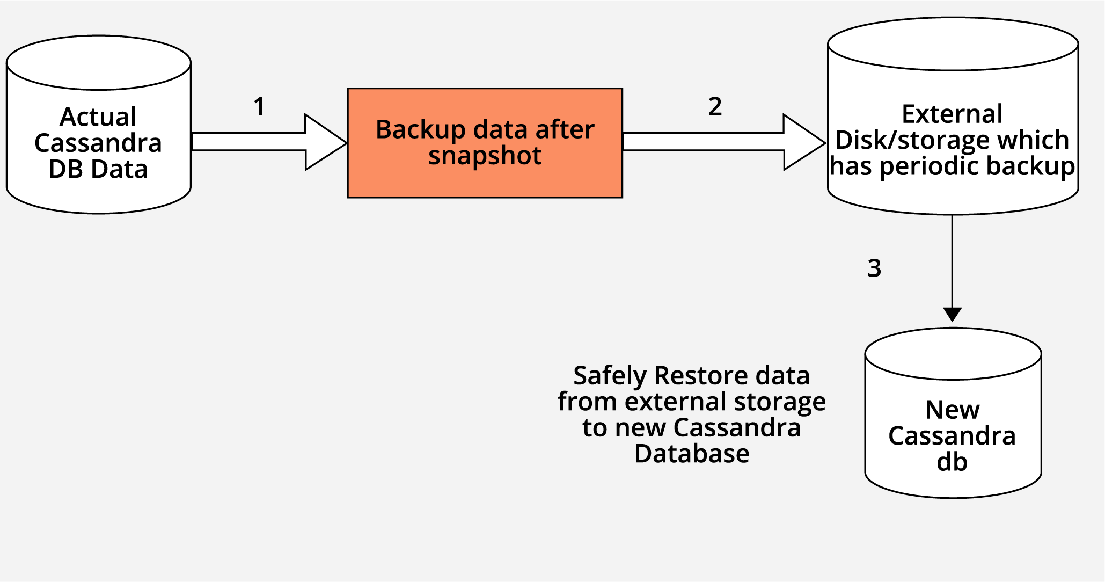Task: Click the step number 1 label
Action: [260, 107]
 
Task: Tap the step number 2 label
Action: [715, 107]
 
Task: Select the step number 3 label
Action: [874, 268]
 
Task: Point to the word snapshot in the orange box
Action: [485, 156]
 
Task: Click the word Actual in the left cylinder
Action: [98, 117]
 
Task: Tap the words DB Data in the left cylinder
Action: [98, 169]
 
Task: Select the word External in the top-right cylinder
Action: [952, 114]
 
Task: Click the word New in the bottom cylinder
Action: [953, 410]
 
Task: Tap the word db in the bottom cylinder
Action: [952, 462]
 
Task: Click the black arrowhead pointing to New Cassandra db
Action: [952, 314]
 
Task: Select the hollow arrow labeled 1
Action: [268, 142]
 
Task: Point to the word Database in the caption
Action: [692, 454]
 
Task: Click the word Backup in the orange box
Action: [413, 130]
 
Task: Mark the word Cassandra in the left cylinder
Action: [98, 143]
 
